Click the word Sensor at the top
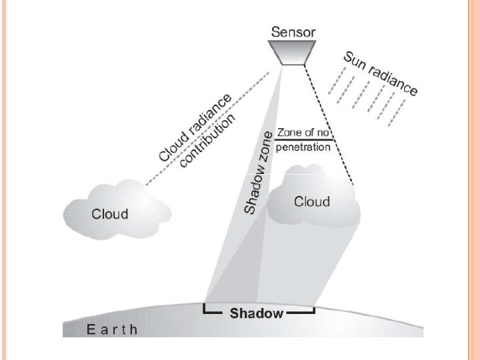tap(294, 31)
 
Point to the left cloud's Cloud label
tap(109, 214)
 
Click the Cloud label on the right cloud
tap(312, 201)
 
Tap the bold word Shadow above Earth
tap(257, 313)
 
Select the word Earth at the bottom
tap(113, 329)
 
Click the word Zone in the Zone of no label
tap(287, 133)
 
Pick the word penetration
tap(303, 147)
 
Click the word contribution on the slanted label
tap(208, 141)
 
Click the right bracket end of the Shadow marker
tap(313, 310)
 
